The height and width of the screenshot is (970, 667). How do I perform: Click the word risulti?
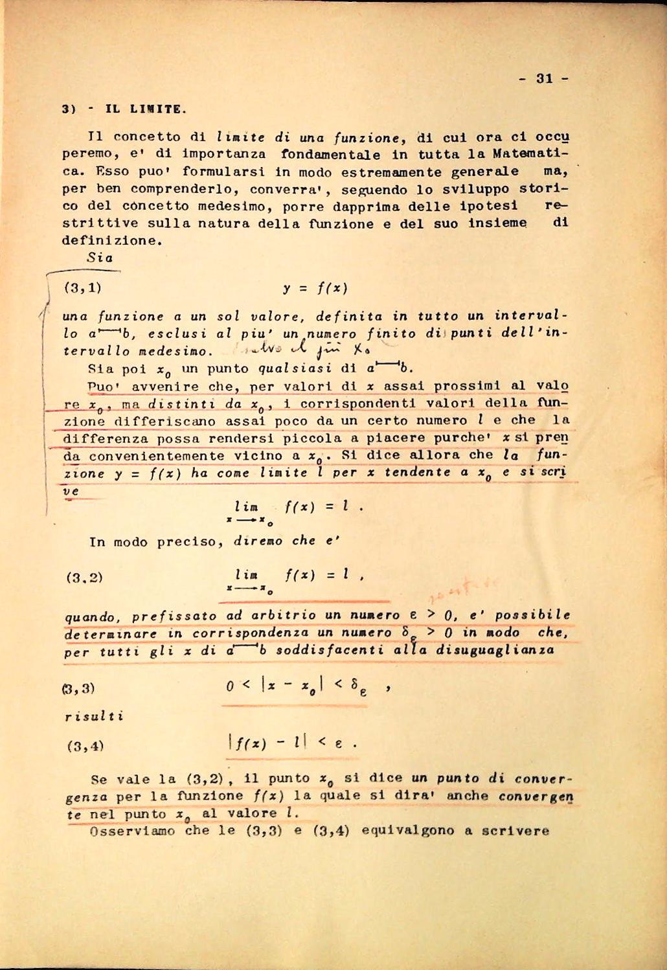coord(94,717)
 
